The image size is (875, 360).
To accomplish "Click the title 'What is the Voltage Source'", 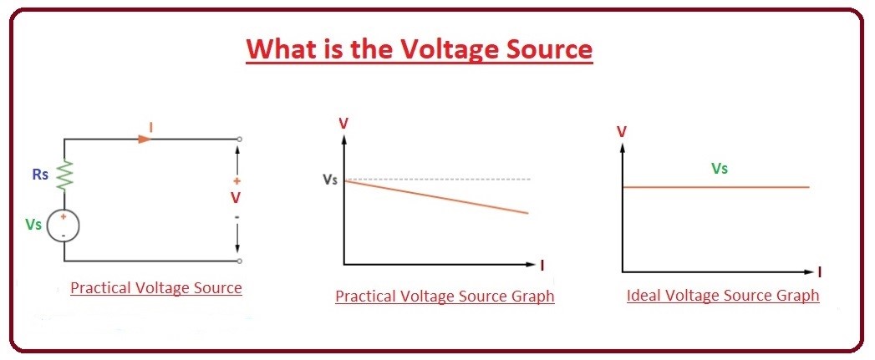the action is (x=419, y=49).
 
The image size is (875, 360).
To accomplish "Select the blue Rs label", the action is (x=40, y=174).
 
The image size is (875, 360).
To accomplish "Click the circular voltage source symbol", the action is (x=63, y=226).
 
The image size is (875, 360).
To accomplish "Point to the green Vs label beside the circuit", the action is (x=33, y=224).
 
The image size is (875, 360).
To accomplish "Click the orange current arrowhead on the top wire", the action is (x=145, y=139).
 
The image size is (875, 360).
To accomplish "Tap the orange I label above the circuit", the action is (x=150, y=128).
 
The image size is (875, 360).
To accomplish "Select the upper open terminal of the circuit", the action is (x=239, y=139).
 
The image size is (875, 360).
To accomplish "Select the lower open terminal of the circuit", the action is (x=239, y=261).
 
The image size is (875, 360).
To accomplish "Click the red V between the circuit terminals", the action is (x=236, y=198).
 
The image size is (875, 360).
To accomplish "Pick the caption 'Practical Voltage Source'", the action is (x=156, y=288).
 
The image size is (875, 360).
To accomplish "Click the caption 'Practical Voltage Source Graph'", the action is (x=445, y=296).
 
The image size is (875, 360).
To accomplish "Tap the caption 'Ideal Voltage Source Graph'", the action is (x=723, y=295).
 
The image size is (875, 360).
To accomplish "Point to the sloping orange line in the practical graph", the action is (x=436, y=196).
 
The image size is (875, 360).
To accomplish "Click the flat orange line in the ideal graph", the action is (x=716, y=187).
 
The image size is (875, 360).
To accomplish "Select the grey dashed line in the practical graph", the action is (x=437, y=179).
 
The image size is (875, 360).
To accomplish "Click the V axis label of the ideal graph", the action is (x=622, y=132).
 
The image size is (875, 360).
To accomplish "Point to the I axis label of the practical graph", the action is (x=542, y=265).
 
